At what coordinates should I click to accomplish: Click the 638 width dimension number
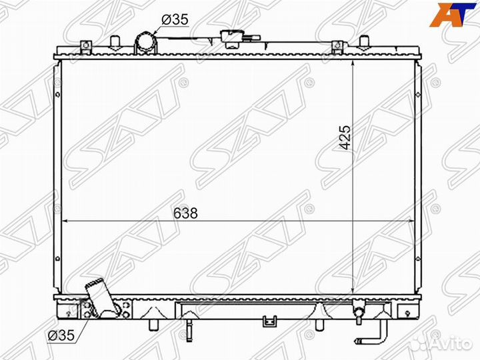[x=185, y=213]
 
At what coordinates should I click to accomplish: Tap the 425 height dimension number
[x=345, y=137]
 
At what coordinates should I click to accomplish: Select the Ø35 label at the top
[x=175, y=19]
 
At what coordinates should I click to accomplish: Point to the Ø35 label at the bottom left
[x=61, y=335]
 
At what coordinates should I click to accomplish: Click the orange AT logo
[x=453, y=14]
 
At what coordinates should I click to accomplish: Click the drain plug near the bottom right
[x=359, y=312]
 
